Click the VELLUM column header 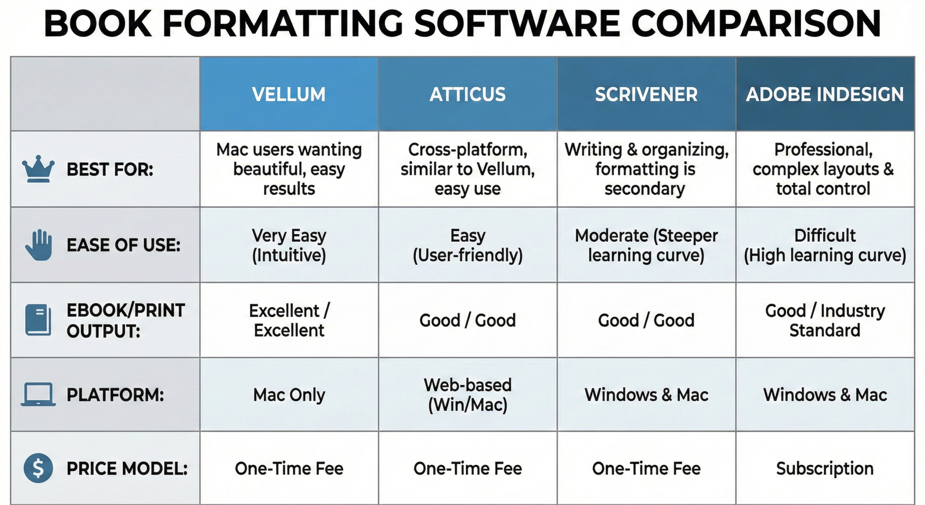(288, 94)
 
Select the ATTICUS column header (467, 94)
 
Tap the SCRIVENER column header (646, 94)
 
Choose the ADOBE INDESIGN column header (824, 94)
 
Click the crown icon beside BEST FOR (38, 169)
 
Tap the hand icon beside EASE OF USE (39, 245)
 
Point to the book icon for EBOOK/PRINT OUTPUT (38, 320)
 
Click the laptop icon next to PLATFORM (38, 395)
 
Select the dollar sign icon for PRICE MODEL (38, 468)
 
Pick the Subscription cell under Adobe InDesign (824, 468)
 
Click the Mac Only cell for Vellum (288, 395)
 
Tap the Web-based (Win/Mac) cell (467, 395)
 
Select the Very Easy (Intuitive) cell (288, 245)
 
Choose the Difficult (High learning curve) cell (824, 245)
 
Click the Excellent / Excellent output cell (288, 320)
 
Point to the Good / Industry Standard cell (824, 320)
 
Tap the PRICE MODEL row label (127, 468)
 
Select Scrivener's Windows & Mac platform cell (646, 395)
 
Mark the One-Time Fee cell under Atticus (467, 468)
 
